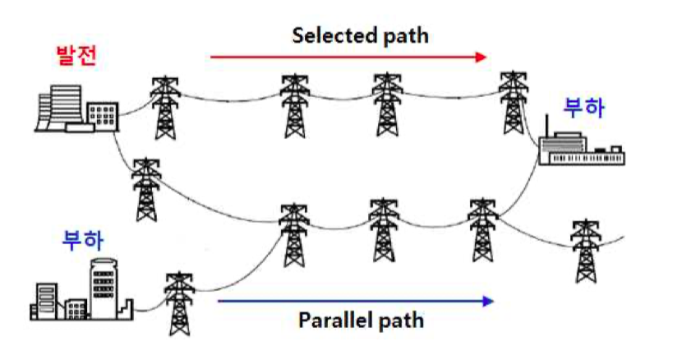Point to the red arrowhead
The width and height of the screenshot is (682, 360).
point(481,57)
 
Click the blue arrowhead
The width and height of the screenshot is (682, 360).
point(488,301)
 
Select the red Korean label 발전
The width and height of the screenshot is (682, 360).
point(76,55)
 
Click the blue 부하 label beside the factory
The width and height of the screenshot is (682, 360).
point(583,108)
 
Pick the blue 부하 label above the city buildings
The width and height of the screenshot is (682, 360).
point(83,241)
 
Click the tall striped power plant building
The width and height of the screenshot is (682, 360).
point(65,107)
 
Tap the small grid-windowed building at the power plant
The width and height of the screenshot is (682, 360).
point(103,116)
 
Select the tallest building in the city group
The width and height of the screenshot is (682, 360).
point(104,288)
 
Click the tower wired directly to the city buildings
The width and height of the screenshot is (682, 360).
point(179,304)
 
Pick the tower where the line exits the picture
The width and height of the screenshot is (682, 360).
point(585,252)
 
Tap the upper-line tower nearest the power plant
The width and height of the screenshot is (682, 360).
point(165,108)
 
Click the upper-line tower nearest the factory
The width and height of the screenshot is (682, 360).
point(514,102)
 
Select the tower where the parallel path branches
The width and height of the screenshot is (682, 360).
point(482,230)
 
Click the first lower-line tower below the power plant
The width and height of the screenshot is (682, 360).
point(146,190)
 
